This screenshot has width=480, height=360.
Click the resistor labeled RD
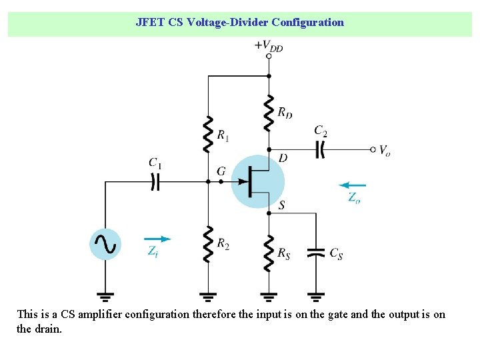268,113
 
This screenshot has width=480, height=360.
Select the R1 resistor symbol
208,134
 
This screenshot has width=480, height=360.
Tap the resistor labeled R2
208,243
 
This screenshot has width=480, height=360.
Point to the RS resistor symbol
268,253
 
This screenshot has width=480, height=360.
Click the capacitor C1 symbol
155,181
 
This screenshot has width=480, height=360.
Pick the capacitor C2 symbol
321,149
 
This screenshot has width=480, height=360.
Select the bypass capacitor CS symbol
316,253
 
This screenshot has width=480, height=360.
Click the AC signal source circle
105,244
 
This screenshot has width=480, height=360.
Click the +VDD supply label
268,45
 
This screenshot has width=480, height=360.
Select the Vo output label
385,151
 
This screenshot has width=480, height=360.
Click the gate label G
221,172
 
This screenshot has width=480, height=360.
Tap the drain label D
283,158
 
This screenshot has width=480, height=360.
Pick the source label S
282,205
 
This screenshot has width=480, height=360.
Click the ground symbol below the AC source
105,295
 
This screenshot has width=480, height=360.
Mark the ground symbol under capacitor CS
316,295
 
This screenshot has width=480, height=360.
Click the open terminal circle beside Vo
373,149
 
